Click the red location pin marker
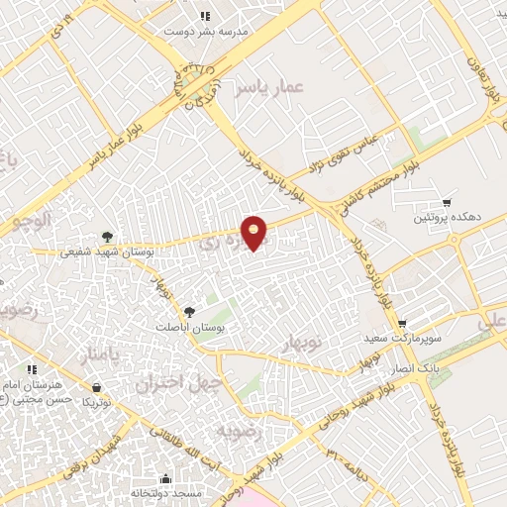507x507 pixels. (x=255, y=232)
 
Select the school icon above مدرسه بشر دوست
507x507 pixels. (x=205, y=16)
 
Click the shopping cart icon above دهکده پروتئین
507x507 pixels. (x=448, y=202)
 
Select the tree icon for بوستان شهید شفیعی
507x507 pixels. (x=105, y=237)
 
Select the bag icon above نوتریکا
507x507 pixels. (x=96, y=386)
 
